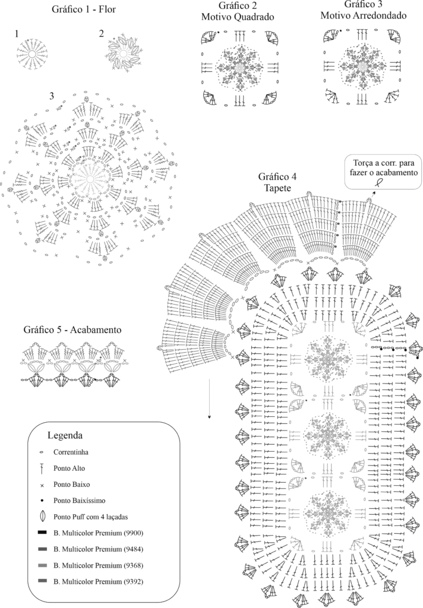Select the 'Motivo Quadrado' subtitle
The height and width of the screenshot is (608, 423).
pos(238,17)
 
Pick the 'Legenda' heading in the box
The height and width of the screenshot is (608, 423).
pos(69,435)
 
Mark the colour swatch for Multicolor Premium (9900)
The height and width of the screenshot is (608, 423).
pos(42,532)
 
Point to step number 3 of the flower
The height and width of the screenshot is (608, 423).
pos(52,95)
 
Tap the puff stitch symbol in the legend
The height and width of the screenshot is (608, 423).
pos(42,517)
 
